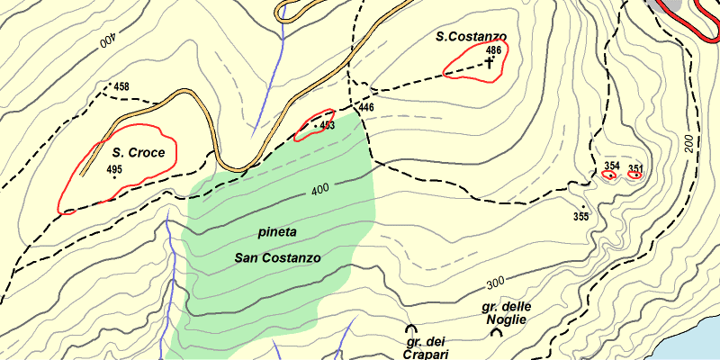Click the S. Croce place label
139,153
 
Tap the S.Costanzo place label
471,37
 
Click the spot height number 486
492,50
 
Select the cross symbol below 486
490,63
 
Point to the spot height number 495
114,169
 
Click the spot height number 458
121,87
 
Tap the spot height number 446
365,108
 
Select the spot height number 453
327,126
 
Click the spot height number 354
612,166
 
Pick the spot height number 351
635,168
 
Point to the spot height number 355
580,217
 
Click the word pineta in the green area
277,232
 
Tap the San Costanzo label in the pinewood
278,257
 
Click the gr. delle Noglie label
507,312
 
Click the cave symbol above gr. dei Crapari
411,330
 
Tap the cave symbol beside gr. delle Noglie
496,332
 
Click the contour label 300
494,283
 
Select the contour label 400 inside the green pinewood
319,191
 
